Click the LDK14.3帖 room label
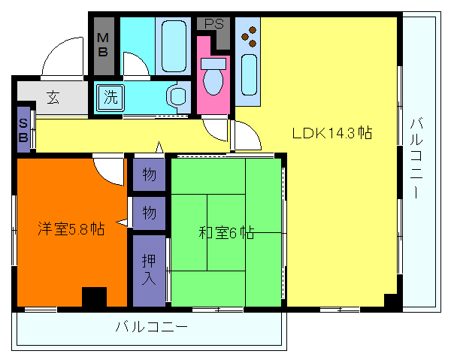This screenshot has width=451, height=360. click(x=332, y=133)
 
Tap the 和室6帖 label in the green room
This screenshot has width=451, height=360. click(x=226, y=233)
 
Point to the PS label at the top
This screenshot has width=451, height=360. click(x=214, y=23)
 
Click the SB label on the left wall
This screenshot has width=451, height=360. click(x=24, y=130)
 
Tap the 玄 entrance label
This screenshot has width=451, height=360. click(x=53, y=98)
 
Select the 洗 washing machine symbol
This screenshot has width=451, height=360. click(x=110, y=97)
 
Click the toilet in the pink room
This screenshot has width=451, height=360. click(x=214, y=78)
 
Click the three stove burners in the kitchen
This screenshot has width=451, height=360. click(x=250, y=35)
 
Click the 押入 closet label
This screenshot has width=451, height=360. click(x=150, y=269)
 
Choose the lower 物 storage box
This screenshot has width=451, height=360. click(x=150, y=213)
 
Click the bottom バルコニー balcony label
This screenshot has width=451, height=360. click(x=150, y=328)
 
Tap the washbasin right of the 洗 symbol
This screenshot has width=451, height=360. click(x=177, y=97)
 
